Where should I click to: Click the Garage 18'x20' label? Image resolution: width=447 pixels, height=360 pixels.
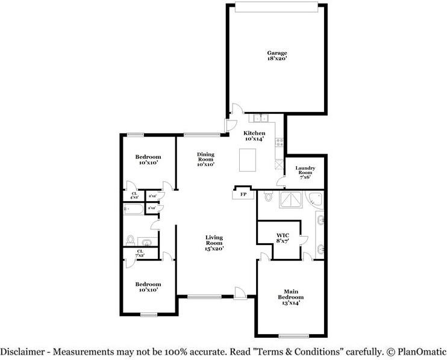coord(277,56)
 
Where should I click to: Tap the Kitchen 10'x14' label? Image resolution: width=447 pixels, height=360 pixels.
coord(254,135)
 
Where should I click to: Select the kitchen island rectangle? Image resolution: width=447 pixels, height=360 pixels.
coord(247,161)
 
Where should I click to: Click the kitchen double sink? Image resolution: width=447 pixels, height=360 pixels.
coord(261,118)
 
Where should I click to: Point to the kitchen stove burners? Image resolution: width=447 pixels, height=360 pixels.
coord(280,142)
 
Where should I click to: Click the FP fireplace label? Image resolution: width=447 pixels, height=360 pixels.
coord(243,194)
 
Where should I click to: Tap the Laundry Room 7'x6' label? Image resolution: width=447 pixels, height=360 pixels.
coord(306,172)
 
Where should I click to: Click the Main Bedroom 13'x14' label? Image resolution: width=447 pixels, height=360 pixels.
coord(290,299)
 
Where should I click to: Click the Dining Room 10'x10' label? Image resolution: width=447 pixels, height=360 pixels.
coord(205,159)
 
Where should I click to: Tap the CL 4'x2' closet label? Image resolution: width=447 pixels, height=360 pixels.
coord(134,195)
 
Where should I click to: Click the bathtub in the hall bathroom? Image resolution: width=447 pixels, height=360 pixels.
coord(133,209)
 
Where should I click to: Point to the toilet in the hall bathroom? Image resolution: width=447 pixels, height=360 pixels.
coord(130,239)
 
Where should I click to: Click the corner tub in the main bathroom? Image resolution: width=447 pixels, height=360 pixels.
coord(315,200)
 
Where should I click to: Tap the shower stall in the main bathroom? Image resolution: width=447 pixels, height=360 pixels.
coord(290,200)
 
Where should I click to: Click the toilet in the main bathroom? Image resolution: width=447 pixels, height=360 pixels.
coord(269,197)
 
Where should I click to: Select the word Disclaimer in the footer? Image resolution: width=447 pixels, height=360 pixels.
coord(23,351)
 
